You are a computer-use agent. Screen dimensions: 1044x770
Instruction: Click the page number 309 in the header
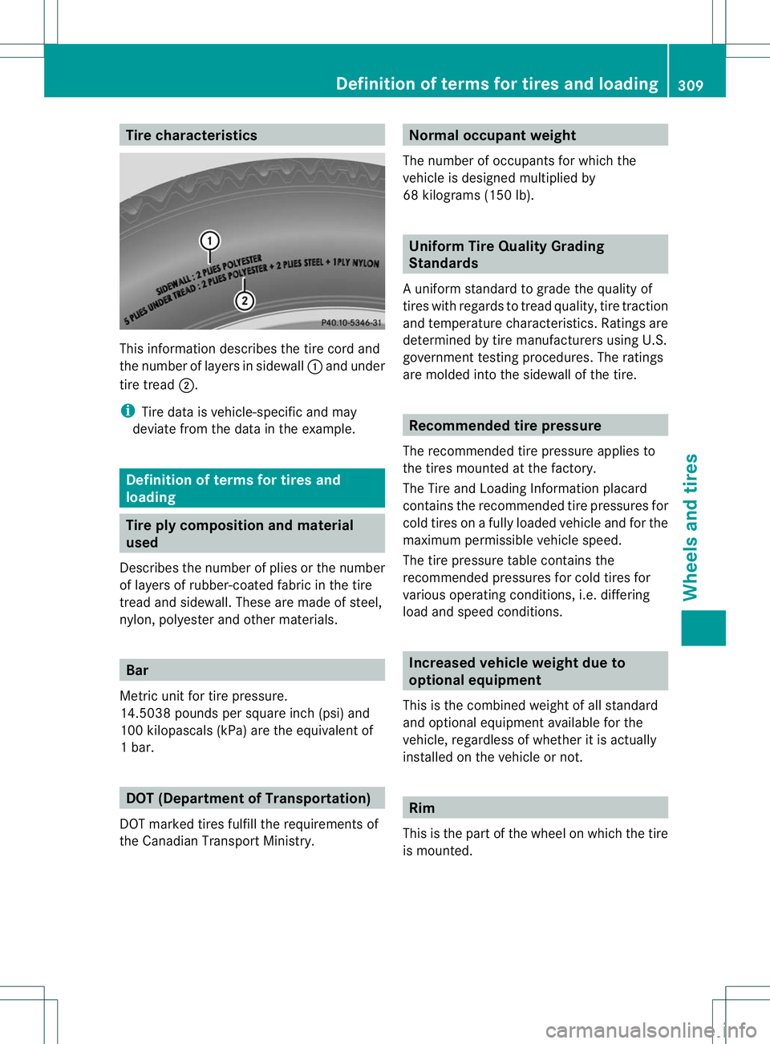[x=690, y=85]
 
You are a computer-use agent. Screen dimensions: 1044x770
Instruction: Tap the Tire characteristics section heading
[x=192, y=136]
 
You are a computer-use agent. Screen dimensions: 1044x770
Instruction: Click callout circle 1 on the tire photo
[x=210, y=241]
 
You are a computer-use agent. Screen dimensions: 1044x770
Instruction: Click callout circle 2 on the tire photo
[x=245, y=301]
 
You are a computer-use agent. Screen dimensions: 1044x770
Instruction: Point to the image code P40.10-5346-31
[x=351, y=322]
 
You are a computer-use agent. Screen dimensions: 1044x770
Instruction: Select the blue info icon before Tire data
[x=127, y=411]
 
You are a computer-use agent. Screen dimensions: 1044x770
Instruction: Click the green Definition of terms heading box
[x=251, y=488]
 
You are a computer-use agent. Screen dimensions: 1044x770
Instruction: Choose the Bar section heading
[x=137, y=670]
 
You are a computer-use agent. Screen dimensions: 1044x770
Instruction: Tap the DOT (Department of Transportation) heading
[x=248, y=799]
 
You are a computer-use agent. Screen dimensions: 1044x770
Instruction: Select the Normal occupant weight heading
[x=492, y=136]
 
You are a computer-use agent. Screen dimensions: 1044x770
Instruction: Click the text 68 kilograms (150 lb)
[x=468, y=196]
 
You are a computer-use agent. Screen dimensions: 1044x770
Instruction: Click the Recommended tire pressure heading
[x=505, y=426]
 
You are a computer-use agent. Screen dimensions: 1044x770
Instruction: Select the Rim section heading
[x=422, y=808]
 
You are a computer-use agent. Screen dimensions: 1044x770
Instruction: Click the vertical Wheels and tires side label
[x=691, y=527]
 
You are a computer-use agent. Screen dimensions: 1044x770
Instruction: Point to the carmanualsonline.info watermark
[x=650, y=1030]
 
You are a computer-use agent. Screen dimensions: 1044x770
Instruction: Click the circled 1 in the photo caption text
[x=315, y=366]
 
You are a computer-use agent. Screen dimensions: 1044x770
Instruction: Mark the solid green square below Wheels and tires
[x=703, y=628]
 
